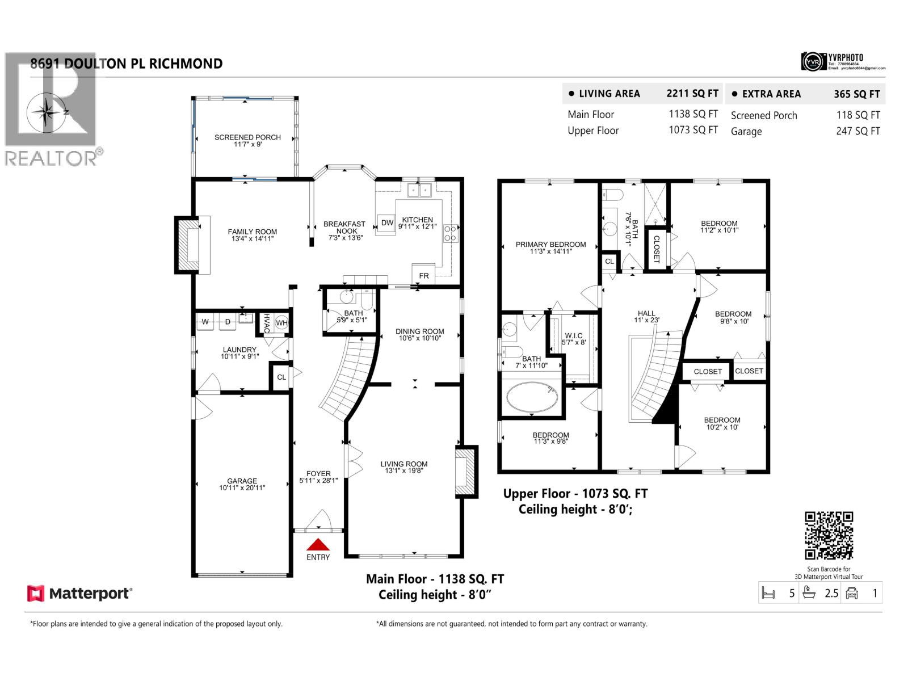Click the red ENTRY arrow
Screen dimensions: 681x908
[x=318, y=544]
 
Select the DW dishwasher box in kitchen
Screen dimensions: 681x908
[x=387, y=222]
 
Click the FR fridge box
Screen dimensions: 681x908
[x=424, y=275]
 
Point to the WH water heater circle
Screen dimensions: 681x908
[x=282, y=323]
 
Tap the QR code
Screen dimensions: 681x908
[x=829, y=536]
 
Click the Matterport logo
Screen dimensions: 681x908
[x=79, y=594]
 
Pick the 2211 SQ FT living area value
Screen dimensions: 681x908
[x=692, y=94]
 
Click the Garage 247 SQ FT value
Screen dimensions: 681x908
[x=857, y=131]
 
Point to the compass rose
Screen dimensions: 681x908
[x=48, y=112]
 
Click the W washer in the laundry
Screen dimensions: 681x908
[x=205, y=322]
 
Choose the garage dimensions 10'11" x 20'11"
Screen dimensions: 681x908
[x=242, y=487]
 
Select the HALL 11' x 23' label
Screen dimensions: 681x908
[x=646, y=316]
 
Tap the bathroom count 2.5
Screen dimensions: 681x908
[x=831, y=594]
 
